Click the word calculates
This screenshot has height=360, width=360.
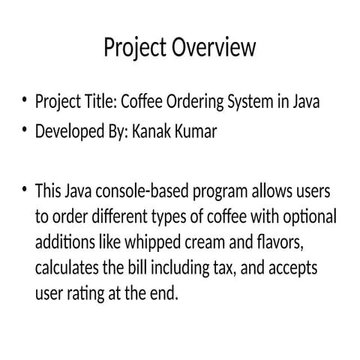(x=66, y=268)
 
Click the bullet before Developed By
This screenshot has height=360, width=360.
(x=25, y=130)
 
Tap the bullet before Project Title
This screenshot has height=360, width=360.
(x=25, y=100)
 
